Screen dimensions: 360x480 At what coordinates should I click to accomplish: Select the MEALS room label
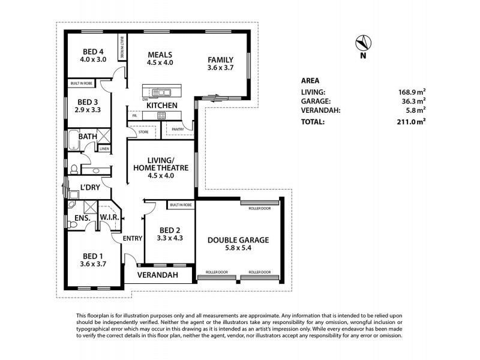click(160, 54)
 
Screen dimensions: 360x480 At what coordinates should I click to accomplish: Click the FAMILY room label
click(220, 59)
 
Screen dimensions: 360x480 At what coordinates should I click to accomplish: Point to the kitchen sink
click(161, 92)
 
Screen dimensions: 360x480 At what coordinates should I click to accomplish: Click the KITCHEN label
click(161, 106)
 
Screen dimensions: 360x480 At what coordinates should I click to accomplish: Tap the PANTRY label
click(177, 129)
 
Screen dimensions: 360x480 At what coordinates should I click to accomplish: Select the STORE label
click(143, 131)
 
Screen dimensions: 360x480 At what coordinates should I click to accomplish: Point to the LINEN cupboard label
click(104, 149)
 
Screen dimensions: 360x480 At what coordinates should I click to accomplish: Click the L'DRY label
click(90, 188)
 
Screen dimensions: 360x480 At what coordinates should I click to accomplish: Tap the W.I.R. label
click(109, 217)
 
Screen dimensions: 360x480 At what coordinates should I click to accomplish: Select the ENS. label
click(82, 218)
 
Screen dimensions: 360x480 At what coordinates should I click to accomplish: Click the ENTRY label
click(133, 238)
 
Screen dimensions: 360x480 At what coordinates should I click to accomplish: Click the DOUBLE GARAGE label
click(238, 239)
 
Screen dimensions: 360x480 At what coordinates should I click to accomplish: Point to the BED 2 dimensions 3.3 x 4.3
click(169, 239)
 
